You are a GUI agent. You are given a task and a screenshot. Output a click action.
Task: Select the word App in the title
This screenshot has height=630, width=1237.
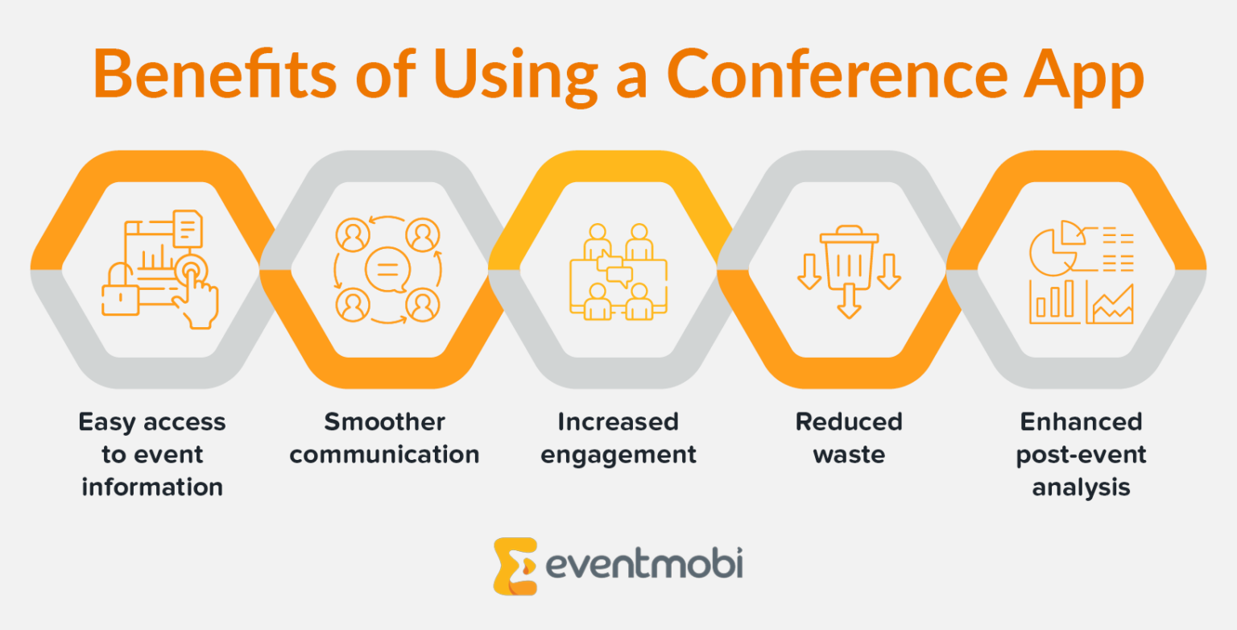1083,77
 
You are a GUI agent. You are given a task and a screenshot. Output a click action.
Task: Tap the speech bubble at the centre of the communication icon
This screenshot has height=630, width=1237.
387,270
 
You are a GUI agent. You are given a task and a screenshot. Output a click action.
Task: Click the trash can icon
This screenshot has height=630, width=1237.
849,257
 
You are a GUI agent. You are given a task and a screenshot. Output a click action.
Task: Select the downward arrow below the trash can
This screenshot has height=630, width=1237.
849,301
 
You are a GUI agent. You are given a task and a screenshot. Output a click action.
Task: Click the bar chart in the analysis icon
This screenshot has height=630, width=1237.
1054,302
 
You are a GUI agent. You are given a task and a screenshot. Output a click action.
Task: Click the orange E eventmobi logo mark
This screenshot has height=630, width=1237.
515,566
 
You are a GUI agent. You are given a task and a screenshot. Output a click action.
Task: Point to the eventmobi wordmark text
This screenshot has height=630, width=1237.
644,564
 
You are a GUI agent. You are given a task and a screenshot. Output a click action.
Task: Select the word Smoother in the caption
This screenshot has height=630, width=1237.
384,422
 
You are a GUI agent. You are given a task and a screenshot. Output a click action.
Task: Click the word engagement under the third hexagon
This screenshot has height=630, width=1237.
618,456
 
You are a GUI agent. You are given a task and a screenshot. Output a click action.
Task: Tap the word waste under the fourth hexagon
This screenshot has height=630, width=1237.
849,455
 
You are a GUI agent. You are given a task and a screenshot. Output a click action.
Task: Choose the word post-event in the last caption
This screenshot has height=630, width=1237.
1082,456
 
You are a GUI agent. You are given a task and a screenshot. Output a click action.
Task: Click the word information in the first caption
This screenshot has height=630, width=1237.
152,487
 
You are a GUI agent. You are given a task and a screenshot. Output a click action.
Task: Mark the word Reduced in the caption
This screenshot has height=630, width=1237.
849,422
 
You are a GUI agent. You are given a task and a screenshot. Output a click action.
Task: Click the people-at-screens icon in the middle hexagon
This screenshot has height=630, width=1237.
618,271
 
